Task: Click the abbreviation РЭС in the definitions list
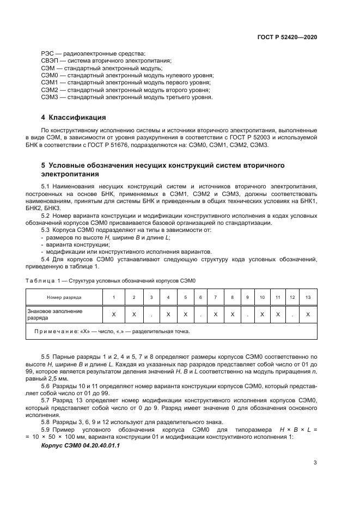click(47, 53)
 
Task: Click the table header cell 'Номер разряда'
click(64, 298)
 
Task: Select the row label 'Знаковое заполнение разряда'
click(54, 314)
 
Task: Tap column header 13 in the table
click(308, 298)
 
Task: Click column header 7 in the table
click(216, 298)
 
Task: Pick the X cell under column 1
click(113, 315)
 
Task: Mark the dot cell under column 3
click(151, 315)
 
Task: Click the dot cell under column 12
click(292, 315)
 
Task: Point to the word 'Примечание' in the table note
click(53, 330)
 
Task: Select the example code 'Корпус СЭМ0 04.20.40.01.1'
click(80, 446)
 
